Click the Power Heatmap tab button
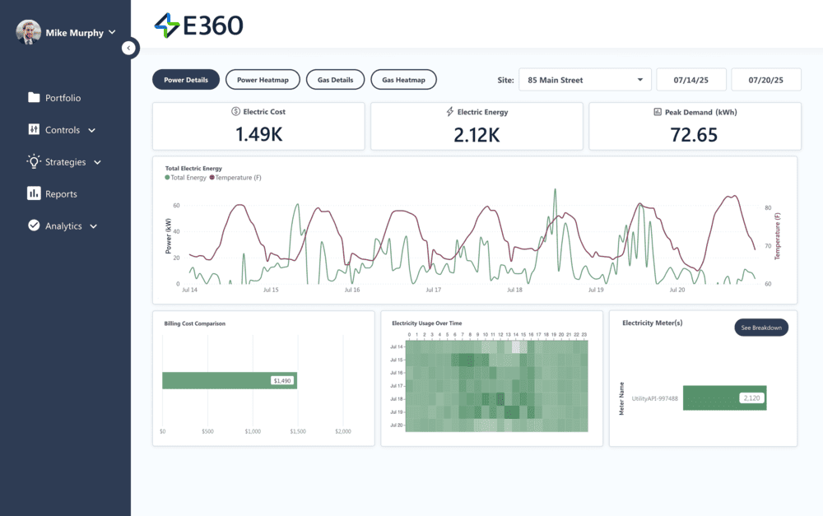[x=263, y=80]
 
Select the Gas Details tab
[x=335, y=80]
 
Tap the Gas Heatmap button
[x=403, y=80]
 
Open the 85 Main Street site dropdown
[x=585, y=80]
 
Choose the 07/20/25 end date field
[x=765, y=80]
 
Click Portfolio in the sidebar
[x=63, y=98]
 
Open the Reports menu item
[x=61, y=194]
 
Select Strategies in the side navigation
[x=65, y=162]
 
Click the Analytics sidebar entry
[x=63, y=226]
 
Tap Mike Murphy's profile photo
[x=28, y=33]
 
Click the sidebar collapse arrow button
[x=128, y=48]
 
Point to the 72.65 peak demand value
[x=694, y=135]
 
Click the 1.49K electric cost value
[x=258, y=135]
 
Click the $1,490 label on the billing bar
[x=282, y=380]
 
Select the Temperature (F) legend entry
[x=238, y=178]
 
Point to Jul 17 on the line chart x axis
[x=433, y=290]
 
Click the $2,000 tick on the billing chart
[x=343, y=431]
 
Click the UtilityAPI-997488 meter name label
[x=654, y=398]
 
